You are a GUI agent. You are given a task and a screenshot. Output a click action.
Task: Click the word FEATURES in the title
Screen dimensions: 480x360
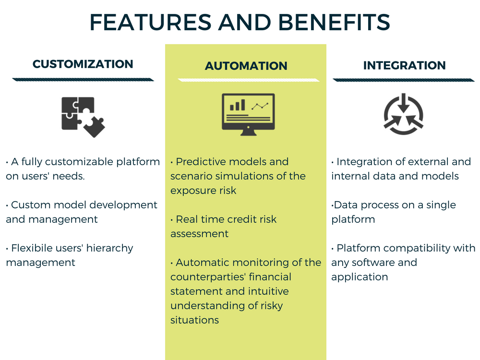coord(150,22)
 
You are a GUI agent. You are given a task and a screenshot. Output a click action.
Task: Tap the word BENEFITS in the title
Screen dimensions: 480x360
coord(334,22)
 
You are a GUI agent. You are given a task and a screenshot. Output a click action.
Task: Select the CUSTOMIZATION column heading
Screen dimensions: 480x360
coord(83,64)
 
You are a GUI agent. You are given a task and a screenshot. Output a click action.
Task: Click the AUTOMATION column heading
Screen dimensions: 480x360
coord(246,66)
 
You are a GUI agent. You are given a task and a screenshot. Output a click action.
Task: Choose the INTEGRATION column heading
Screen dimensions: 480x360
coord(404,65)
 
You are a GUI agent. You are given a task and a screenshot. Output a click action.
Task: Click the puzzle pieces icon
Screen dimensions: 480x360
coord(83,117)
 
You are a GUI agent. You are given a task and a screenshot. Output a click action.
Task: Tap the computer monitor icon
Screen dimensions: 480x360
coord(248,115)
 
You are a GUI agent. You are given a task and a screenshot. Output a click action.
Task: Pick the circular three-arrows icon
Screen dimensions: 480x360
coord(404,114)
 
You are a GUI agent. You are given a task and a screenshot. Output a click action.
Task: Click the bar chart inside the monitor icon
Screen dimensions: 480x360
coord(237,105)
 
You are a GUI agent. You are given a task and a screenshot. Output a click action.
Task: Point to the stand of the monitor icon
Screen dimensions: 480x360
coord(248,132)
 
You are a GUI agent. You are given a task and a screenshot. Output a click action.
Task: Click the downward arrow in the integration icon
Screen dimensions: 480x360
coord(404,103)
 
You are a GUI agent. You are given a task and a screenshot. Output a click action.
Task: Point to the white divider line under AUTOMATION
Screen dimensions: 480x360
coord(249,80)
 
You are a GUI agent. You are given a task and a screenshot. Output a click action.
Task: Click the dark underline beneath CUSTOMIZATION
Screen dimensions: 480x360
coord(83,80)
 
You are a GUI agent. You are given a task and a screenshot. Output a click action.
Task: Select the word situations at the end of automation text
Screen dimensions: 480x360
coord(195,320)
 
